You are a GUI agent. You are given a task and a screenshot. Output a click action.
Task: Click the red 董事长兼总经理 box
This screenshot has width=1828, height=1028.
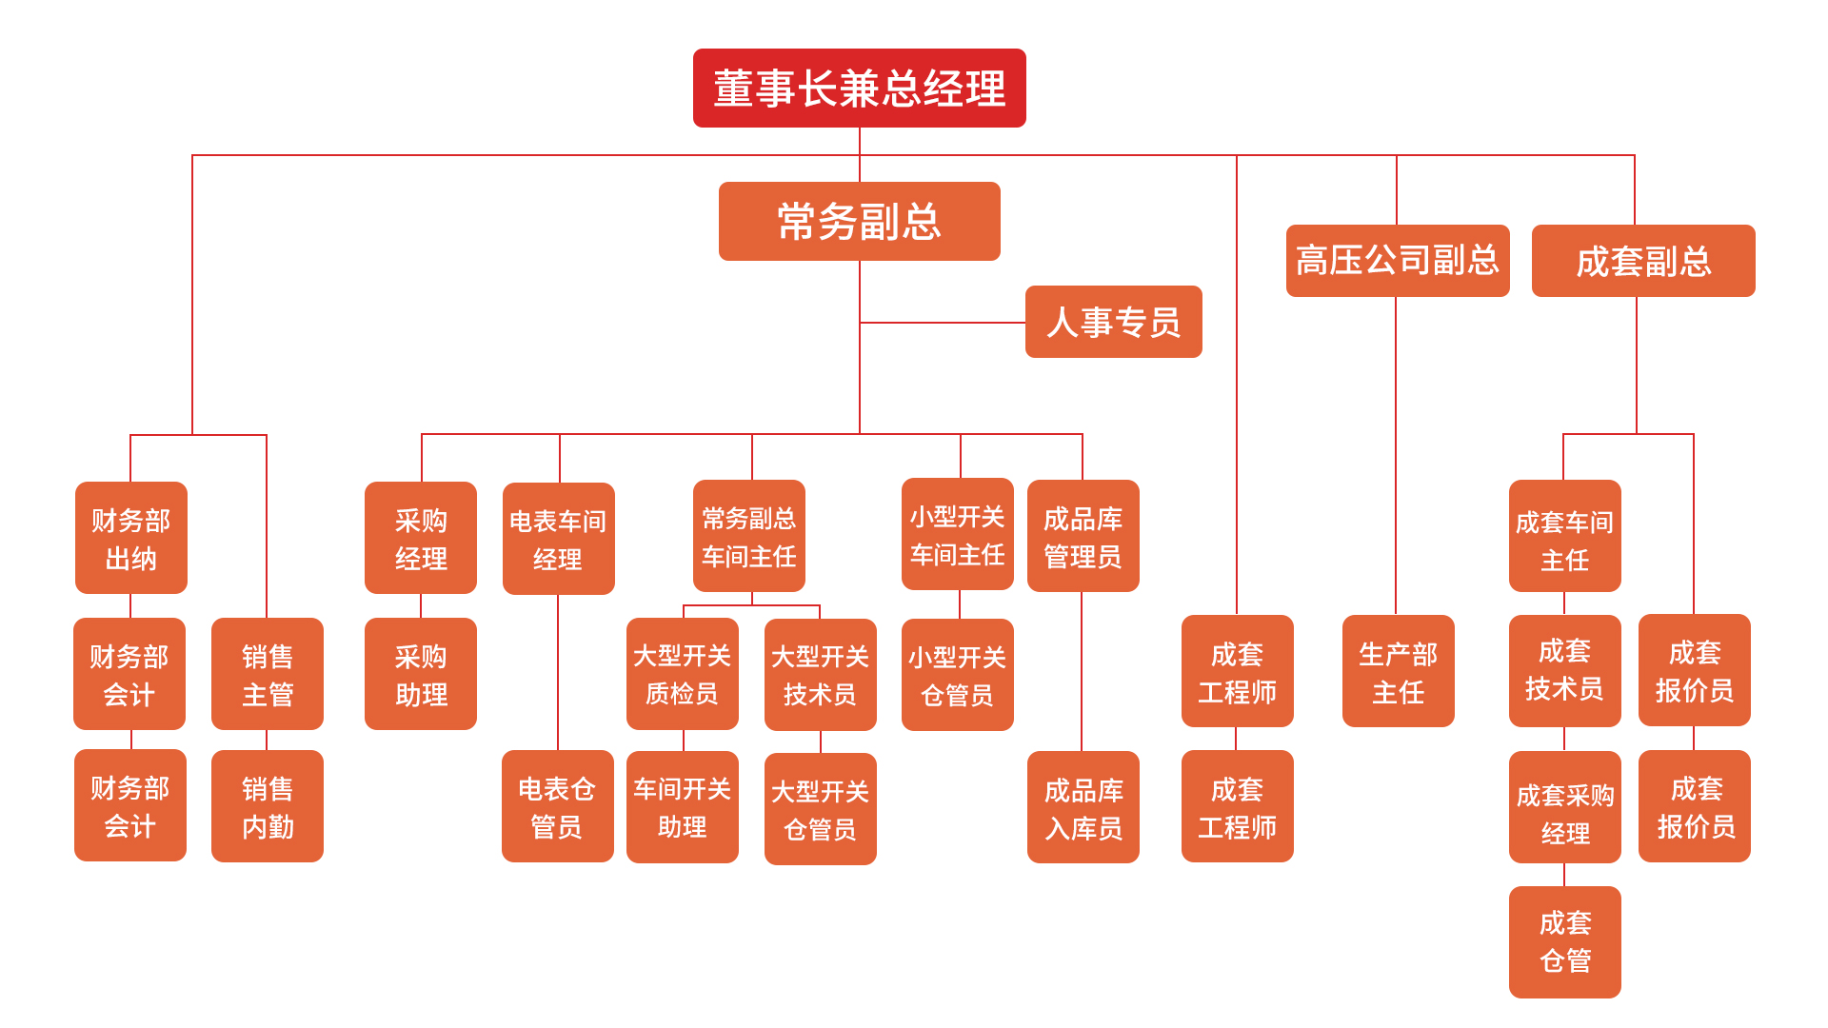point(859,89)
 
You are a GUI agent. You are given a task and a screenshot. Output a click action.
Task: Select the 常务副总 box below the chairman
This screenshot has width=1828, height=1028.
point(859,222)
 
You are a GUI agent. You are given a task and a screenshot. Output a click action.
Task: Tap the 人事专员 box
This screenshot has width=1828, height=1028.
point(1113,322)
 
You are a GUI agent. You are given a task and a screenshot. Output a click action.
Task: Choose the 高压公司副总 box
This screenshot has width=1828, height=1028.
point(1397,261)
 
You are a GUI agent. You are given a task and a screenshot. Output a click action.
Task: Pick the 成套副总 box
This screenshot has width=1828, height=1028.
point(1642,261)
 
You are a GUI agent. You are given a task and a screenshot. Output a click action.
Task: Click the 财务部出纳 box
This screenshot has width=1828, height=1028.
point(131,538)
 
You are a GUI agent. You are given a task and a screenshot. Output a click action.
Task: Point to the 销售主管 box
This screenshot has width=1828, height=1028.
point(268,674)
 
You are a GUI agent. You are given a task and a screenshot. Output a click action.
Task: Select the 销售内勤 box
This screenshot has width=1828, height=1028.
point(268,806)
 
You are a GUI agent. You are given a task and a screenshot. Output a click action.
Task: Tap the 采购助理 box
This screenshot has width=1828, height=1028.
point(421,674)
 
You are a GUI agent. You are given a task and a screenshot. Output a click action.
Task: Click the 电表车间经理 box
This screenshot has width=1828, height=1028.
point(558,539)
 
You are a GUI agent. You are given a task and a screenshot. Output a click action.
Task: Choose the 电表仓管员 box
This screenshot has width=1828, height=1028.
point(557,806)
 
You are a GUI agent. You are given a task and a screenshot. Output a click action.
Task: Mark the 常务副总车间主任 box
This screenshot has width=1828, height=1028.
point(749,536)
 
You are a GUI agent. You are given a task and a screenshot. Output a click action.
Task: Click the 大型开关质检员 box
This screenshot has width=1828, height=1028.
point(682,674)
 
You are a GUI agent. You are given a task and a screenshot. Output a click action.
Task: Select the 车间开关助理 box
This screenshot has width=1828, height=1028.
point(682,807)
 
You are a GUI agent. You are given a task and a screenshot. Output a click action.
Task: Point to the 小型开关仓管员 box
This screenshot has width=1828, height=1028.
point(957,675)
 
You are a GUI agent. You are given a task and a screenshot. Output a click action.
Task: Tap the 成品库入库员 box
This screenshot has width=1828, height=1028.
point(1083,807)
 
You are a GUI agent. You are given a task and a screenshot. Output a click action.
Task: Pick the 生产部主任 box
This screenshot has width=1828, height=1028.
point(1398,671)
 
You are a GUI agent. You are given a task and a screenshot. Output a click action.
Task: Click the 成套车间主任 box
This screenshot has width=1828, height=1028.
point(1564,537)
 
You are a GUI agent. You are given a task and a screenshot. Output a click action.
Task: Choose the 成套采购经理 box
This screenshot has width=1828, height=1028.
point(1564,807)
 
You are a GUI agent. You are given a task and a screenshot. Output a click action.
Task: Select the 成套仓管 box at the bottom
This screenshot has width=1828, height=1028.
point(1564,942)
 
